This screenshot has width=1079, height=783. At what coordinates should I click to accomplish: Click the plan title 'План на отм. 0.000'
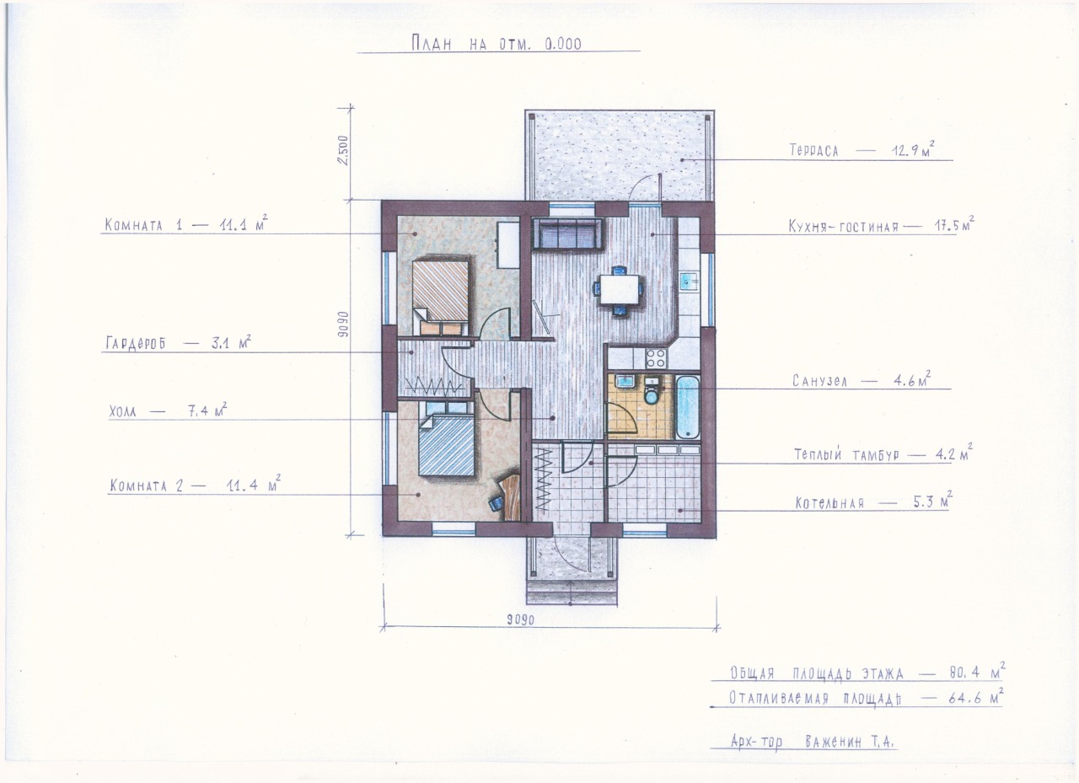point(497,44)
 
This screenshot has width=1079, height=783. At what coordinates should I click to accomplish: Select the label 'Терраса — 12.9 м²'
point(861,150)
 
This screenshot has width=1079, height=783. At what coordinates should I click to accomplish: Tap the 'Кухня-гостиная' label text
point(844,226)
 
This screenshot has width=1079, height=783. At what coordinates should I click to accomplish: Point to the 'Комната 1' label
point(143,225)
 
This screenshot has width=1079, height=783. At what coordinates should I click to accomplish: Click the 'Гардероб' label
point(136,343)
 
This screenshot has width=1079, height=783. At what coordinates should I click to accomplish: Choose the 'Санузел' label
point(819,381)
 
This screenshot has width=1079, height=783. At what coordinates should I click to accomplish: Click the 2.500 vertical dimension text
point(343,150)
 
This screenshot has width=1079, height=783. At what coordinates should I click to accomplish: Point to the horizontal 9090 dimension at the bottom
point(520,619)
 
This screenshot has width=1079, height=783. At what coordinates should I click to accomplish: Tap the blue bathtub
point(688,407)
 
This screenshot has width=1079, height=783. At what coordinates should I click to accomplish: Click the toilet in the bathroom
point(652,391)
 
